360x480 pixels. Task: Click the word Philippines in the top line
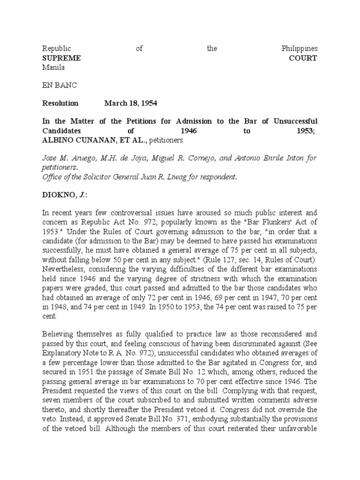tap(299, 49)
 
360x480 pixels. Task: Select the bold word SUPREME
tap(61, 58)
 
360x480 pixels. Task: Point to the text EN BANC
tap(60, 85)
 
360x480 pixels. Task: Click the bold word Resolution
tap(60, 103)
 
